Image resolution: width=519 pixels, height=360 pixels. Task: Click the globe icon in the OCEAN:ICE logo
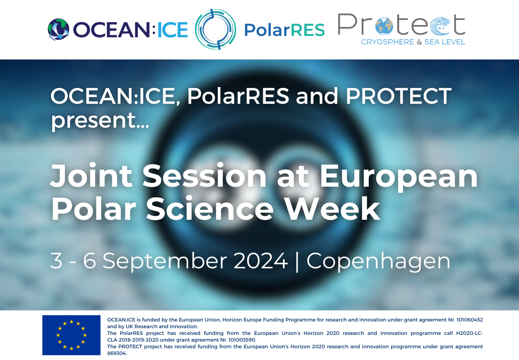click(59, 29)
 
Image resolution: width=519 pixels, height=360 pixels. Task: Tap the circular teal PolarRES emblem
click(216, 29)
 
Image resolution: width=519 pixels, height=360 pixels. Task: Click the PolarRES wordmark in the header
click(285, 30)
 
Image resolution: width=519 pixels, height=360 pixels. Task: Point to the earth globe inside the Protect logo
click(384, 26)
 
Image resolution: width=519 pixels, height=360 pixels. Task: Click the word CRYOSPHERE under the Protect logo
click(388, 42)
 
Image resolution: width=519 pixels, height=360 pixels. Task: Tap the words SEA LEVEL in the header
click(444, 42)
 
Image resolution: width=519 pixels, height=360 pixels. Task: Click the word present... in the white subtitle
click(100, 121)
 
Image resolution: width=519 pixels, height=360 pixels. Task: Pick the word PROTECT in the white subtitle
click(399, 96)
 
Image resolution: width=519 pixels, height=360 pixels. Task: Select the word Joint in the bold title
click(91, 175)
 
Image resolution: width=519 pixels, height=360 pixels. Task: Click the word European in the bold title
click(399, 178)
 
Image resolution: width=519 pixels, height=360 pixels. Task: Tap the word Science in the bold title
click(210, 208)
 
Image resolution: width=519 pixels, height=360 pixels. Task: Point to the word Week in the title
click(332, 208)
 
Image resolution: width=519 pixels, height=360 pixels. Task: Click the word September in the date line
click(165, 262)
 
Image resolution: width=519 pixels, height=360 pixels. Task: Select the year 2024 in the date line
click(261, 261)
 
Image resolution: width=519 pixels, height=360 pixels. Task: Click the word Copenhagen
click(378, 262)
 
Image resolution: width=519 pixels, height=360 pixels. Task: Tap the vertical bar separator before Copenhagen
click(297, 261)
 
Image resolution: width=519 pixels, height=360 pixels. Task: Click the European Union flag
click(71, 335)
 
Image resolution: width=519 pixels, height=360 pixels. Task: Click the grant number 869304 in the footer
click(117, 353)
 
